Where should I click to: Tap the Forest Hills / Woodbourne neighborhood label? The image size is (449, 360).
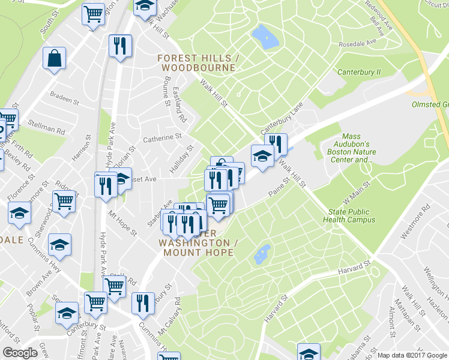[x=199, y=63]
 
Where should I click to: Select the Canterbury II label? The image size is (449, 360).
[x=359, y=72]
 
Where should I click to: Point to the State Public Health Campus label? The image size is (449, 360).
[x=352, y=216]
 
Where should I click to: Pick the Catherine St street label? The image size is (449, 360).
[x=162, y=137]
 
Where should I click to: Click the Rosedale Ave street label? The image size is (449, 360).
[x=357, y=43]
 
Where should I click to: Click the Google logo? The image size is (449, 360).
[x=20, y=353]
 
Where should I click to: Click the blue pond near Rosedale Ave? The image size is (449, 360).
[x=265, y=37]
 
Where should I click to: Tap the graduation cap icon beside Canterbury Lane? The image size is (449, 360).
[x=262, y=156]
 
